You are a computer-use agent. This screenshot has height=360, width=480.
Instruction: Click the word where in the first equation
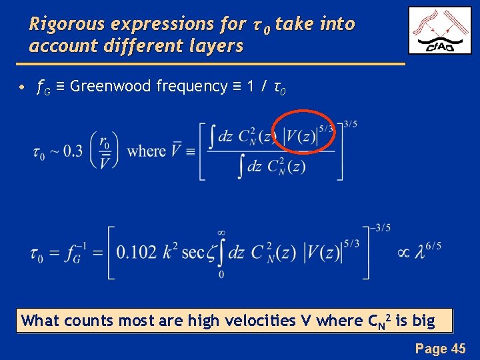click(146, 151)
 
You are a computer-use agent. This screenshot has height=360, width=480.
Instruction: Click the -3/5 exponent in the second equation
click(382, 228)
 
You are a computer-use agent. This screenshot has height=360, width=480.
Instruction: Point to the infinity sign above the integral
click(221, 233)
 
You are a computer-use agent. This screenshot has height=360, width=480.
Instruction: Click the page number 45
click(458, 348)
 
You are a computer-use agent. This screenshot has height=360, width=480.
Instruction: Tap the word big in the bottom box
click(423, 321)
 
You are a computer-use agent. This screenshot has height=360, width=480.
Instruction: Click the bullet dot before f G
click(23, 87)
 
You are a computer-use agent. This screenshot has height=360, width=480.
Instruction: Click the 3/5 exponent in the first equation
click(350, 124)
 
